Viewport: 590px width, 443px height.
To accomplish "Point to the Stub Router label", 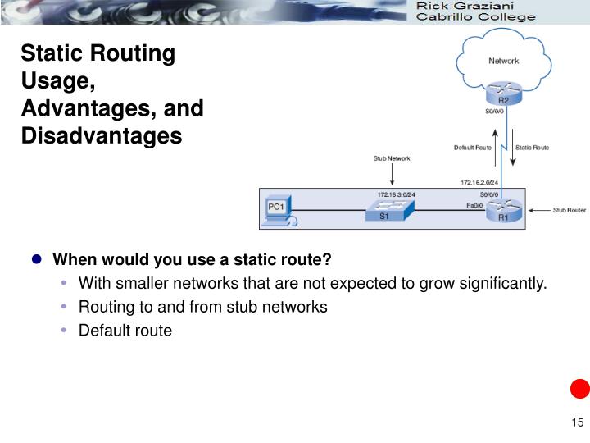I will pos(570,210).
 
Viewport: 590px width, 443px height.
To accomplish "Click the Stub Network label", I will pos(392,158).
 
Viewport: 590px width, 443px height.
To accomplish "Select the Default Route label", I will pos(473,148).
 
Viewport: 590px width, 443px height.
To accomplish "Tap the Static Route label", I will pos(532,148).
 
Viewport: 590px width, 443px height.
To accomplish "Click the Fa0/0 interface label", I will pos(474,205).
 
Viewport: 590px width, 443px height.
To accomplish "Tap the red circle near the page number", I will pos(579,388).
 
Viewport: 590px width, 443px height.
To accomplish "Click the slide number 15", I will pos(577,422).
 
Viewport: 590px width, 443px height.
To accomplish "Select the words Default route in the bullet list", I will pos(125,331).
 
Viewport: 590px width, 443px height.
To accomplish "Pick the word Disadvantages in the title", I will pos(102,136).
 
